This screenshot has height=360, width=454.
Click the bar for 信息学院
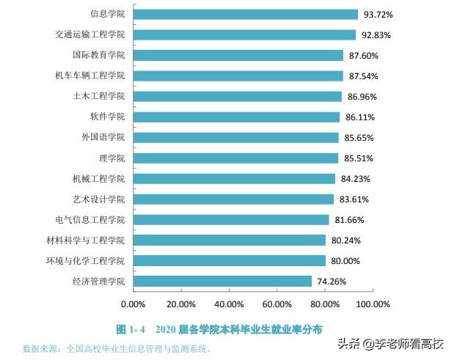245,14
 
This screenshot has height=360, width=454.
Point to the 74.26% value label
332,281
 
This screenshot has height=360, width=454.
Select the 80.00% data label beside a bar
345,260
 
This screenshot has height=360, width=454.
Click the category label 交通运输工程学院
90,34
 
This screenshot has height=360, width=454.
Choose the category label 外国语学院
103,137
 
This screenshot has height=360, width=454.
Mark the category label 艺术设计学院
99,199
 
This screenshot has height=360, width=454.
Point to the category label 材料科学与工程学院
86,240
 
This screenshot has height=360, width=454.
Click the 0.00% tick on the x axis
133,304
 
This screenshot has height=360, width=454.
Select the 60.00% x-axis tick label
277,304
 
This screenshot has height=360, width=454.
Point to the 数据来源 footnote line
117,348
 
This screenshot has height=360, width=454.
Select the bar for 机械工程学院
234,178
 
